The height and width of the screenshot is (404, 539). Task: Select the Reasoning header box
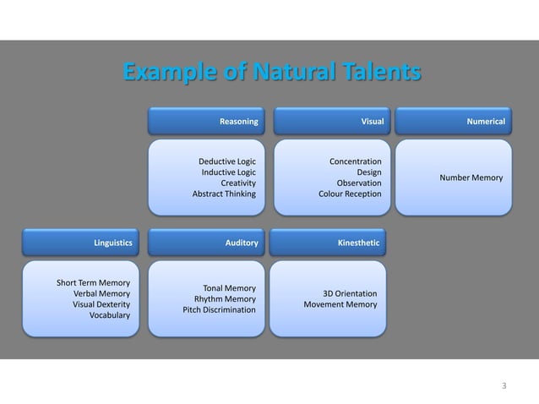pos(205,122)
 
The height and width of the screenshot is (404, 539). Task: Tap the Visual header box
pos(328,122)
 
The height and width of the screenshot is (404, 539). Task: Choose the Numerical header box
pos(452,122)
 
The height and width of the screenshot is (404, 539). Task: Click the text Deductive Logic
pos(226,161)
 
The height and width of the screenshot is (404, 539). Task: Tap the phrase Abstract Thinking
pos(224,194)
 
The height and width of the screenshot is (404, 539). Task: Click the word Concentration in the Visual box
pos(355,161)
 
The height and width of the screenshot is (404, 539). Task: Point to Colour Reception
pos(349,194)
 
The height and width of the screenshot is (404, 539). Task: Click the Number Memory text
pos(471,177)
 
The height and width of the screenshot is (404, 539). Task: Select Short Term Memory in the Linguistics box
pos(93,282)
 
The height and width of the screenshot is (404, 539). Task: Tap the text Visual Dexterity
pos(101,304)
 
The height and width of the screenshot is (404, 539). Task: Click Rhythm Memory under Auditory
pos(225,299)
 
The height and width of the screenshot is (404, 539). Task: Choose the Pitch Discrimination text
pos(219,310)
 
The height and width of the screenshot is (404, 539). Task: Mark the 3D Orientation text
pos(350,293)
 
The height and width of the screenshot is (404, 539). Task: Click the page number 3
pos(504,387)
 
